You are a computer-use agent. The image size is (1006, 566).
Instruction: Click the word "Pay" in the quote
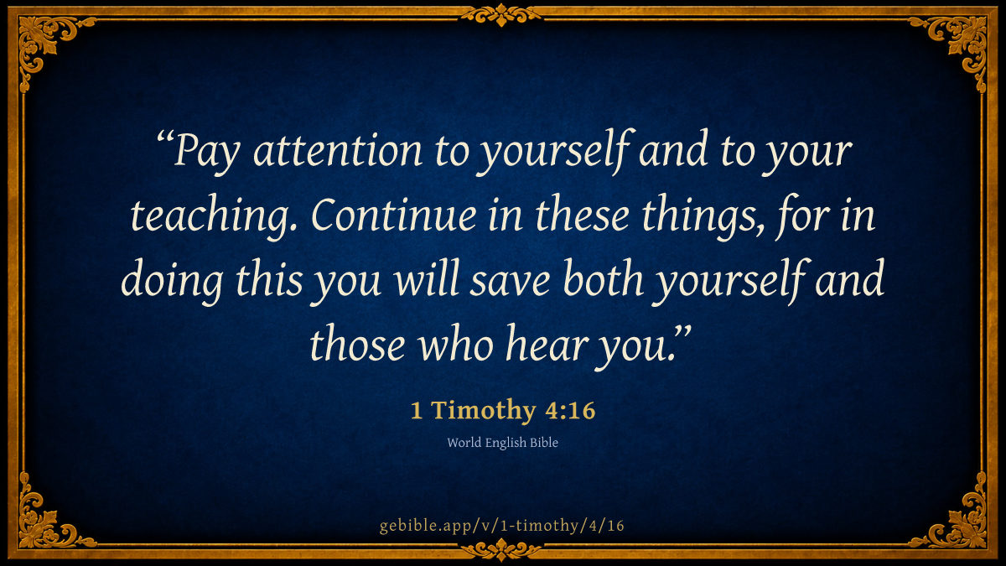[x=206, y=153]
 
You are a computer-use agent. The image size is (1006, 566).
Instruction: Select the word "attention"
[x=338, y=150]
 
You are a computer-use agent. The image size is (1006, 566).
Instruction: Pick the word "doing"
[x=172, y=281]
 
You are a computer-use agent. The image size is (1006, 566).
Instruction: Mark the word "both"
[x=604, y=278]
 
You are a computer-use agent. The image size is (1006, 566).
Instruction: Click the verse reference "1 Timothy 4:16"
[x=503, y=410]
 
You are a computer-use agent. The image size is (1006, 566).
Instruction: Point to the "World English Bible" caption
[x=502, y=443]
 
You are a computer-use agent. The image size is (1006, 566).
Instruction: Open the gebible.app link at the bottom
[x=502, y=526]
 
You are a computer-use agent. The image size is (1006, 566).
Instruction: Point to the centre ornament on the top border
[x=501, y=14]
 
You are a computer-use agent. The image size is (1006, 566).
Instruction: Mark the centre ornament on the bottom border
[x=501, y=549]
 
